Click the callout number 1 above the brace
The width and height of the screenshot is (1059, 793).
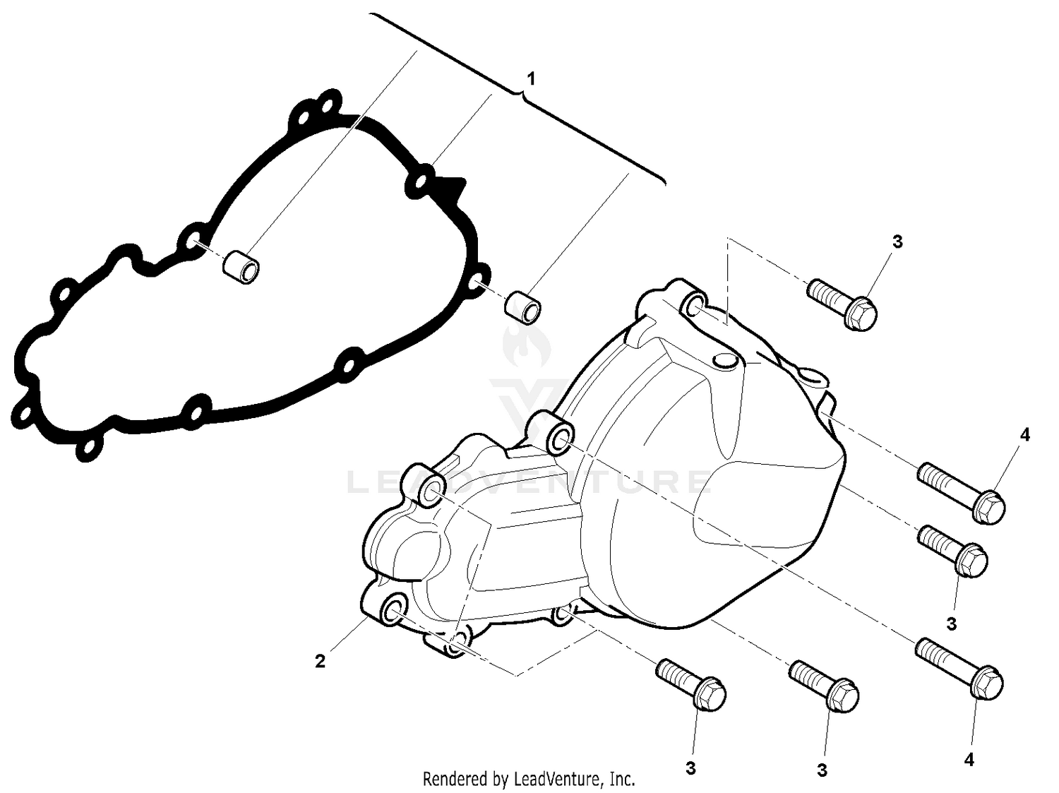coord(531,78)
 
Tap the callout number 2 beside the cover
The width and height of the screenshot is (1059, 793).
coord(321,662)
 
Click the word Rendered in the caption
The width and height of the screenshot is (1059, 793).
coord(455,779)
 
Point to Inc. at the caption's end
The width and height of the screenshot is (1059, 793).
coord(622,779)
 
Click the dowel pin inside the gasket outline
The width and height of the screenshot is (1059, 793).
coord(241,271)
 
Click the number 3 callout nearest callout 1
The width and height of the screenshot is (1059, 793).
coord(897,242)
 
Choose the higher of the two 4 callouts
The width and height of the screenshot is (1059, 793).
coord(1024,435)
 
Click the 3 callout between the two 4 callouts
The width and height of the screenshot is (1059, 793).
coord(952,624)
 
